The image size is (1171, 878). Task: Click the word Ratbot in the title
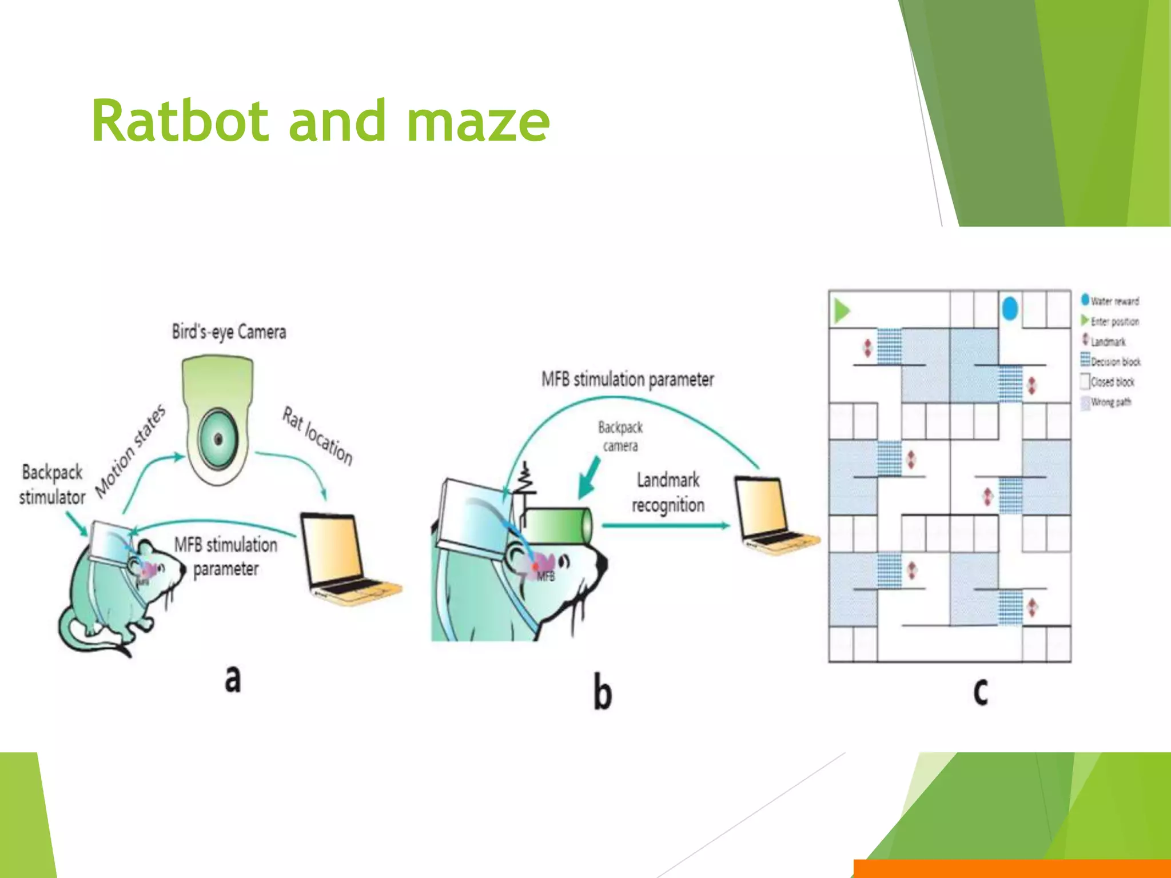point(180,121)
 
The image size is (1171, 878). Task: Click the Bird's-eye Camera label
point(229,332)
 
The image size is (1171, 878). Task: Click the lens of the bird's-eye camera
point(218,439)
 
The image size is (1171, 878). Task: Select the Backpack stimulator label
point(51,485)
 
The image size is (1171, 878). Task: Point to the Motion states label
point(130,451)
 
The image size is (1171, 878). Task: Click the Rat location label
point(318,436)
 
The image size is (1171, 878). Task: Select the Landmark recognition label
point(668,492)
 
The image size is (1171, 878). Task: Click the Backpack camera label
point(620,436)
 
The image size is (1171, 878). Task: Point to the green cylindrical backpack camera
point(558,525)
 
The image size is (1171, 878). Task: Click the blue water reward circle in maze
point(1010,309)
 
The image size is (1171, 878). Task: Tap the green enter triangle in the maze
point(842,310)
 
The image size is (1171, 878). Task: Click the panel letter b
point(602,692)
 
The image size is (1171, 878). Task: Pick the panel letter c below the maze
point(981,691)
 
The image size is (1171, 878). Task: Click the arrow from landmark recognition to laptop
point(666,525)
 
